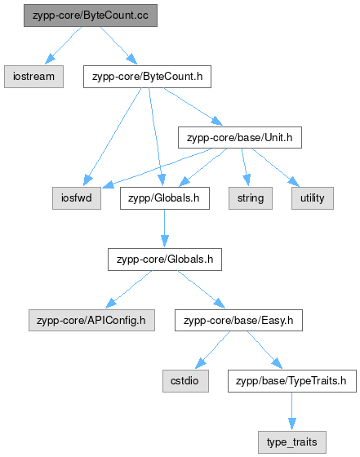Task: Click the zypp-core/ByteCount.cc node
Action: pyautogui.click(x=91, y=16)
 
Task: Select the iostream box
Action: pyautogui.click(x=33, y=77)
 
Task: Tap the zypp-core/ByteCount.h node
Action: pyautogui.click(x=147, y=77)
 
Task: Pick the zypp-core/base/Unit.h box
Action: pyautogui.click(x=240, y=138)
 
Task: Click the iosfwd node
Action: pyautogui.click(x=77, y=198)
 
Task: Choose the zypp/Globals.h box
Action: pyautogui.click(x=165, y=198)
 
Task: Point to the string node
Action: pyautogui.click(x=251, y=198)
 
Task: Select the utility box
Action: pyautogui.click(x=313, y=198)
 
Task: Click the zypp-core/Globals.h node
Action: pyautogui.click(x=165, y=260)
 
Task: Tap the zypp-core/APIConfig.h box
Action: pyautogui.click(x=91, y=320)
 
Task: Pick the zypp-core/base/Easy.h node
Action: pyautogui.click(x=238, y=320)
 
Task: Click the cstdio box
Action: pyautogui.click(x=185, y=381)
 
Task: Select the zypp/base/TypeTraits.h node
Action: pyautogui.click(x=292, y=381)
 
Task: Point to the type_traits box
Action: pyautogui.click(x=292, y=442)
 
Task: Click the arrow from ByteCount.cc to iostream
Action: pyautogui.click(x=63, y=46)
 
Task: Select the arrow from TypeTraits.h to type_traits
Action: pyautogui.click(x=292, y=411)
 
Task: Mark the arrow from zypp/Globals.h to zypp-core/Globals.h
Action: pyautogui.click(x=165, y=228)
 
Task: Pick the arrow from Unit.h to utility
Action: pyautogui.click(x=275, y=167)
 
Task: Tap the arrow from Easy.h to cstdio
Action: pyautogui.click(x=213, y=350)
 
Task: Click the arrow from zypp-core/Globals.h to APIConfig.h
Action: pyautogui.click(x=129, y=289)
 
